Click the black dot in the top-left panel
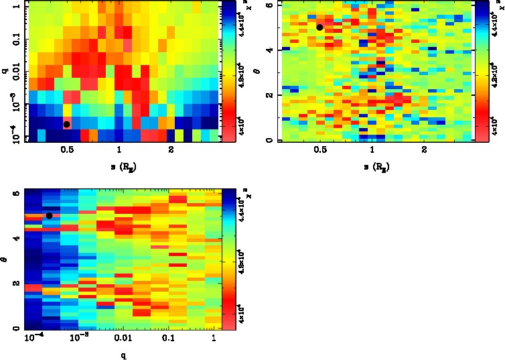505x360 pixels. pyautogui.click(x=66, y=124)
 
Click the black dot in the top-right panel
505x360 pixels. pyautogui.click(x=319, y=27)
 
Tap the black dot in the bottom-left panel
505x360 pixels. pyautogui.click(x=49, y=215)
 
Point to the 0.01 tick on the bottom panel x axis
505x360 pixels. pyautogui.click(x=123, y=340)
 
